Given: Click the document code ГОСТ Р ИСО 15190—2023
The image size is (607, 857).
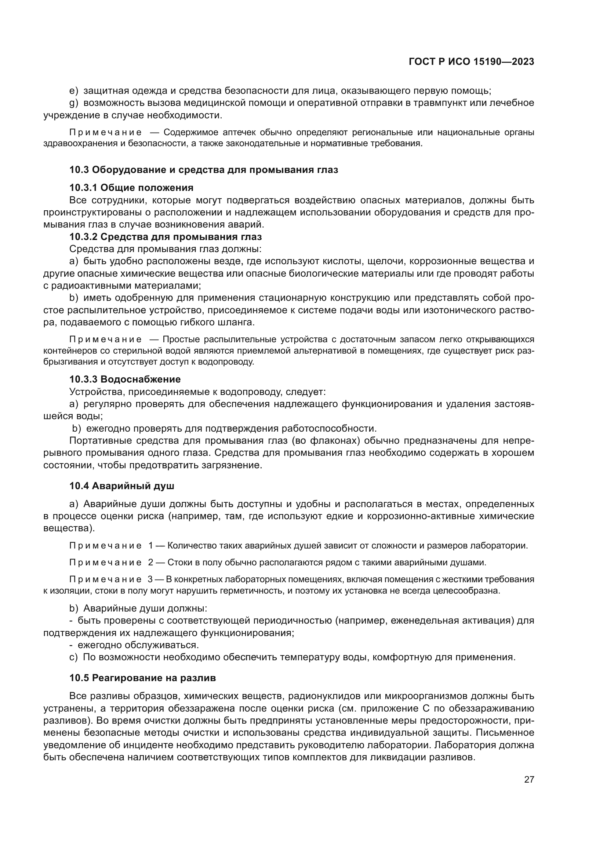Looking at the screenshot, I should pyautogui.click(x=471, y=62).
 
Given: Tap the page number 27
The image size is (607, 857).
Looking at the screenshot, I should pyautogui.click(x=529, y=780).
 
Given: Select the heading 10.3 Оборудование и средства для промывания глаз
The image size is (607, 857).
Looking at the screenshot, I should pyautogui.click(x=204, y=170).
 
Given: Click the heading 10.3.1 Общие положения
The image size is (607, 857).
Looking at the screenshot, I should pyautogui.click(x=131, y=187).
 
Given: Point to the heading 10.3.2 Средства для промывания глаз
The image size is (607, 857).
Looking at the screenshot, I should pyautogui.click(x=166, y=237).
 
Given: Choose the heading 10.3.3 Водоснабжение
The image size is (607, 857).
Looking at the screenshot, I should pyautogui.click(x=125, y=379).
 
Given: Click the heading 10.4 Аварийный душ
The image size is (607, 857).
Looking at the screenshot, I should pyautogui.click(x=122, y=486).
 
